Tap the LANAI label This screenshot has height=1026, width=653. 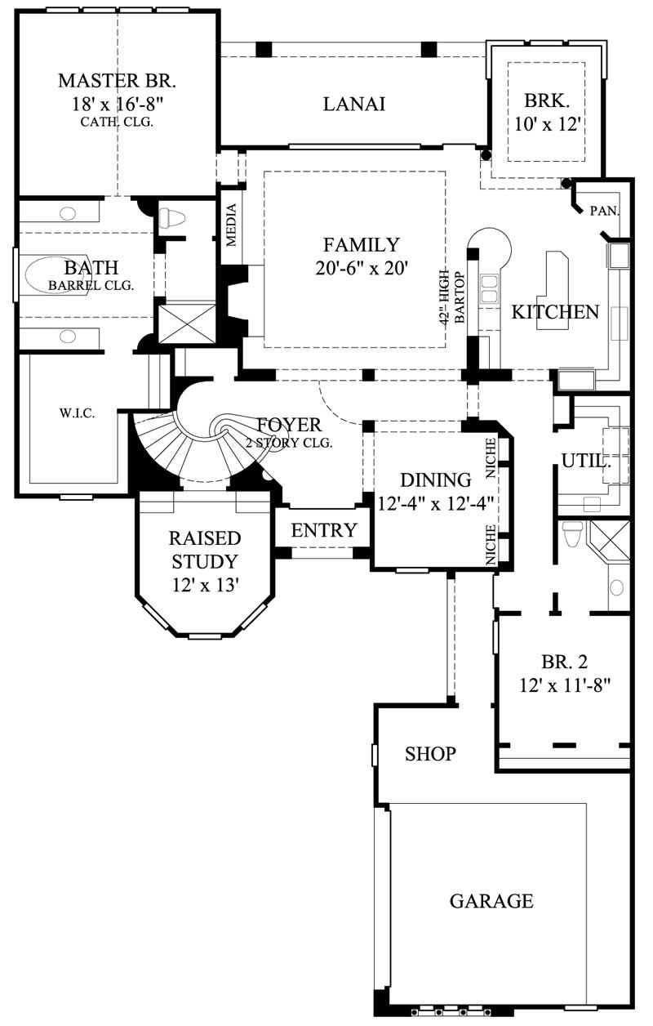[353, 104]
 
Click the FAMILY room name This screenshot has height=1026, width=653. [361, 244]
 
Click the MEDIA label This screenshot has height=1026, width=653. [232, 226]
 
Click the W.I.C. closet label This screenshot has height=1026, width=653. [78, 413]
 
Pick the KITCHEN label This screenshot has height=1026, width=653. [555, 311]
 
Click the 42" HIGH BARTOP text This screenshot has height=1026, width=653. [453, 299]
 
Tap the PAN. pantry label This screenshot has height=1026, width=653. [604, 211]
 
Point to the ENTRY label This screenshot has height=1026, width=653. [324, 530]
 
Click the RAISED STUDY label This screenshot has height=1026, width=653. [204, 550]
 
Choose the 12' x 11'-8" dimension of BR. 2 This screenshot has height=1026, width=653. [562, 685]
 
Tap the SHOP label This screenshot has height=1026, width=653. [430, 753]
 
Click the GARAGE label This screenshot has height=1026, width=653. [491, 901]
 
